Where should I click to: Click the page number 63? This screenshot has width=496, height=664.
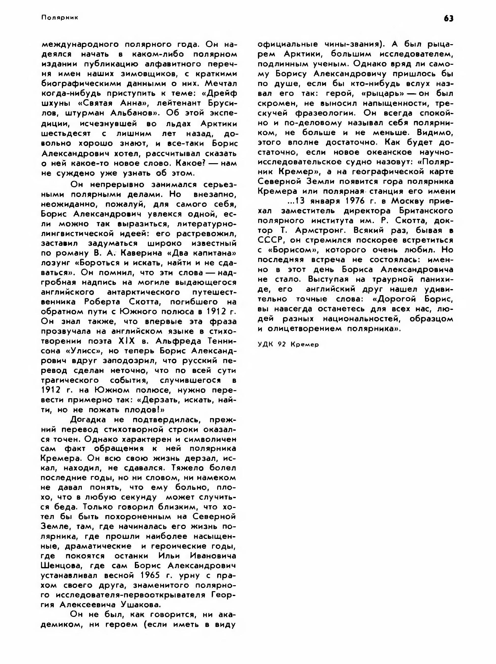pyautogui.click(x=449, y=19)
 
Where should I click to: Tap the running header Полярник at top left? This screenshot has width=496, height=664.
pyautogui.click(x=60, y=18)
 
